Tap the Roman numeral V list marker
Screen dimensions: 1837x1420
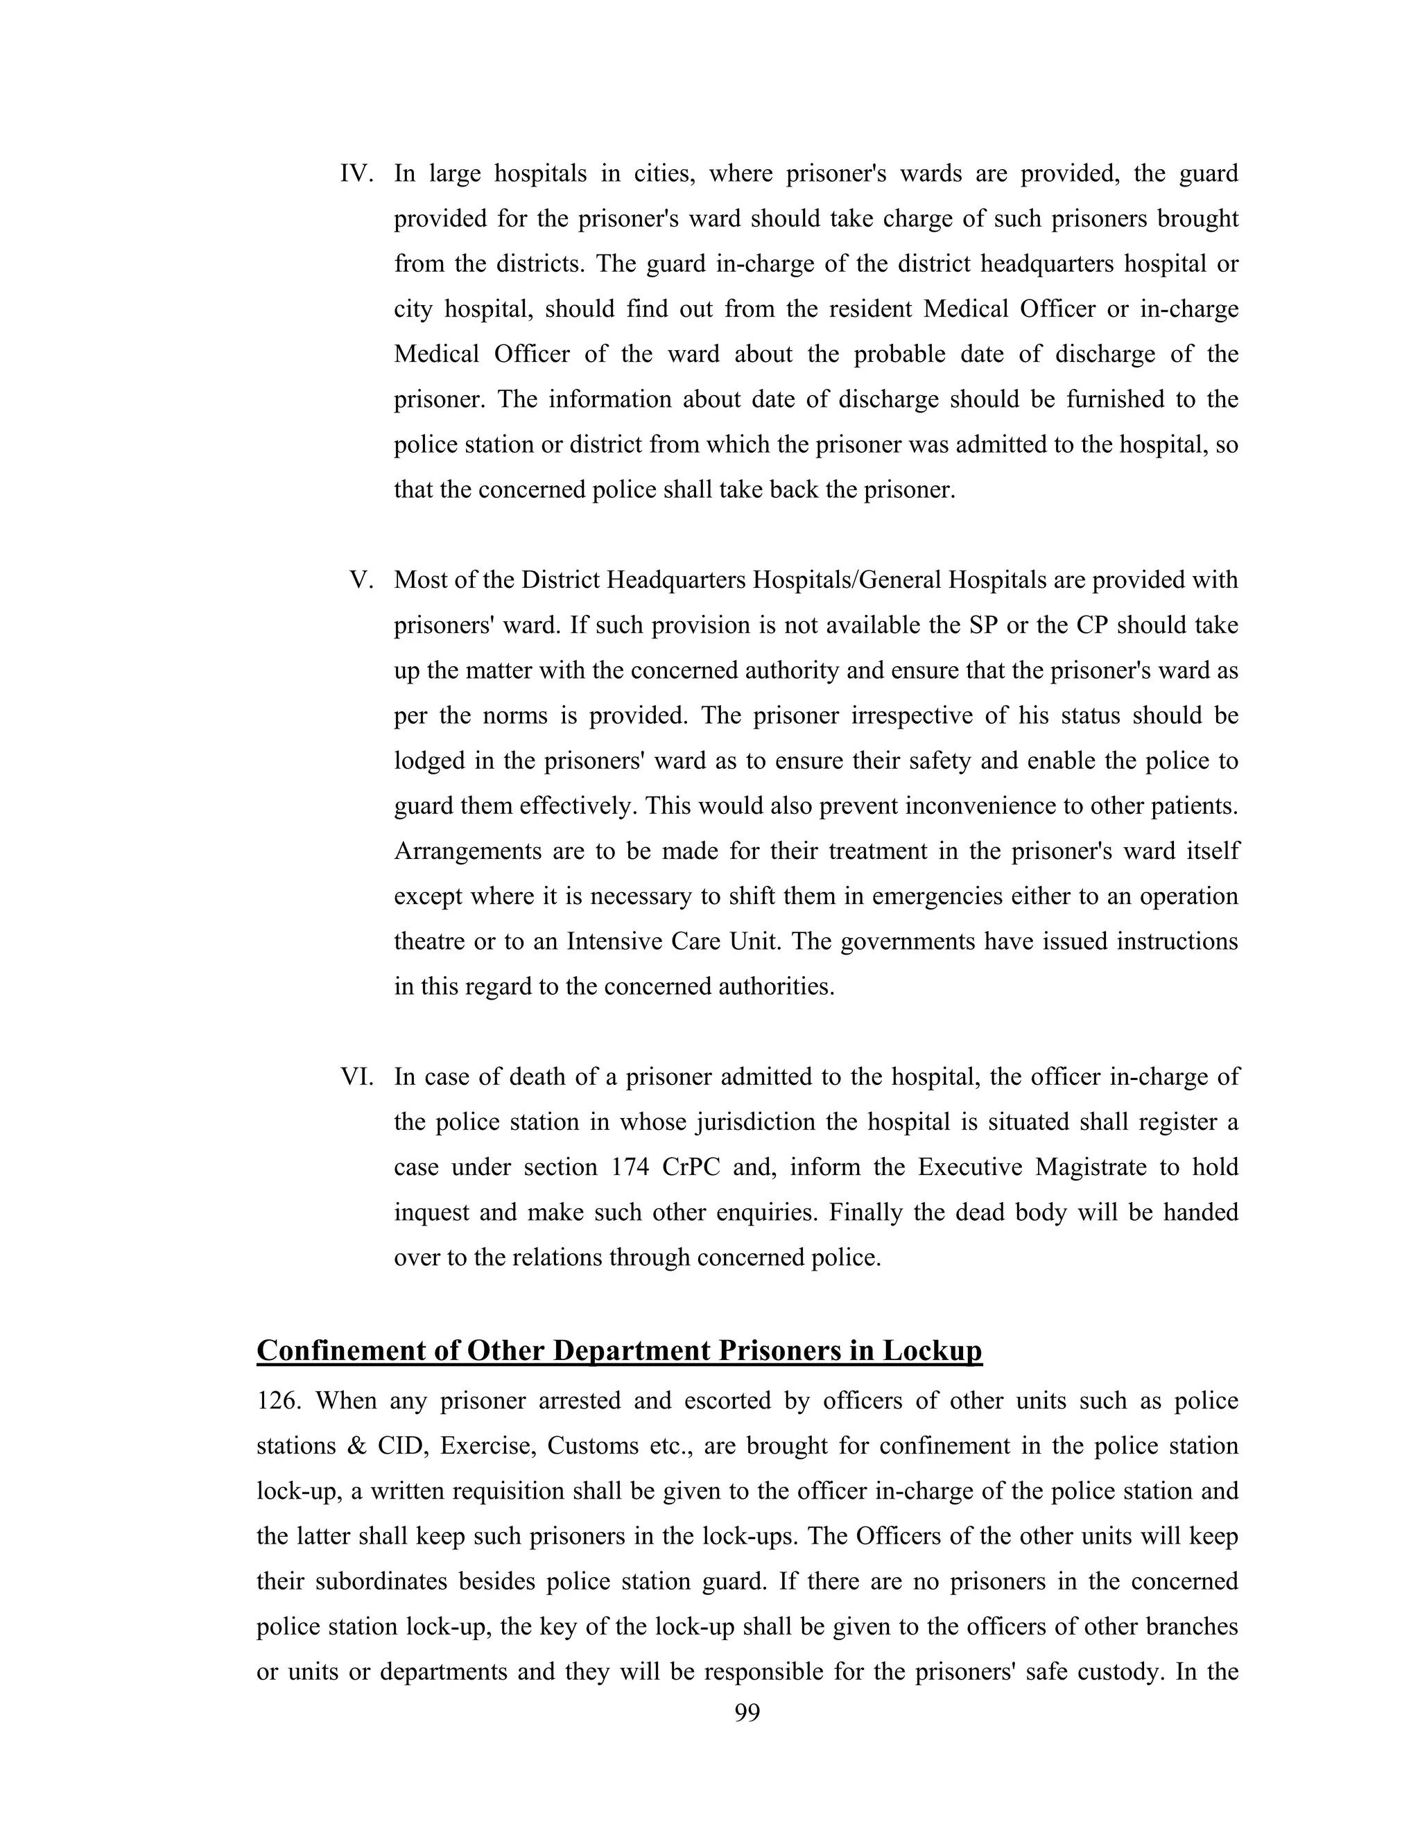point(362,580)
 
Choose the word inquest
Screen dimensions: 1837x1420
point(429,1213)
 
